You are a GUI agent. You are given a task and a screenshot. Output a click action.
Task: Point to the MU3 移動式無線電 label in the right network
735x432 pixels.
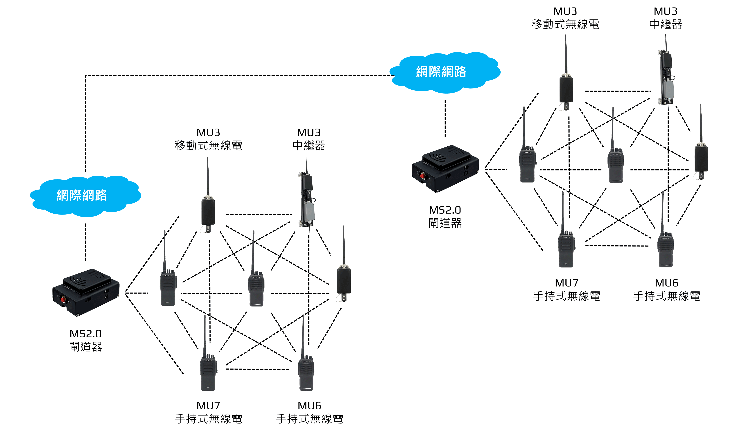tap(565, 18)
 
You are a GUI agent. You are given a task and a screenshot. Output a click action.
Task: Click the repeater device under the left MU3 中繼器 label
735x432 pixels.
tap(307, 201)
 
